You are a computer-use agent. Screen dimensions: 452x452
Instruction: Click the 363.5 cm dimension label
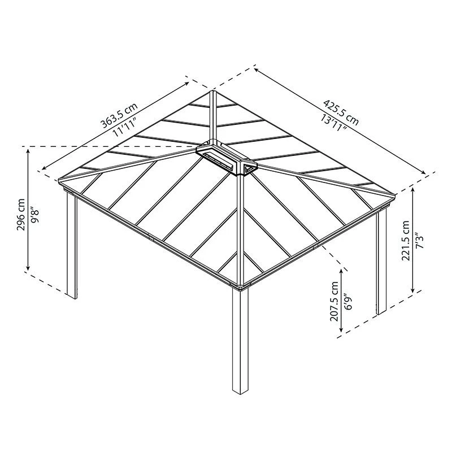(119, 115)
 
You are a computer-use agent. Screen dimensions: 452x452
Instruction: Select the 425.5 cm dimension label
(341, 112)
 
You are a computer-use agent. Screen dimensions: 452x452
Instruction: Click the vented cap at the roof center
(226, 158)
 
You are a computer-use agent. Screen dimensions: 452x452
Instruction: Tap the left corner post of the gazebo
(72, 245)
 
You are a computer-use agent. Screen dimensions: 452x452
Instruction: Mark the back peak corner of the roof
(213, 92)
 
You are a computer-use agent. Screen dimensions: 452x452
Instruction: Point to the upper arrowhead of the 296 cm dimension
(28, 150)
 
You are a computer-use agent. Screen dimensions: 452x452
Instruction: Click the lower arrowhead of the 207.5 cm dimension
(342, 329)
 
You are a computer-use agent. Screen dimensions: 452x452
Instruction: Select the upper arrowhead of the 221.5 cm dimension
(414, 190)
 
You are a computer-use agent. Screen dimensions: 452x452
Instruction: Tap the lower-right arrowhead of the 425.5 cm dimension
(423, 172)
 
